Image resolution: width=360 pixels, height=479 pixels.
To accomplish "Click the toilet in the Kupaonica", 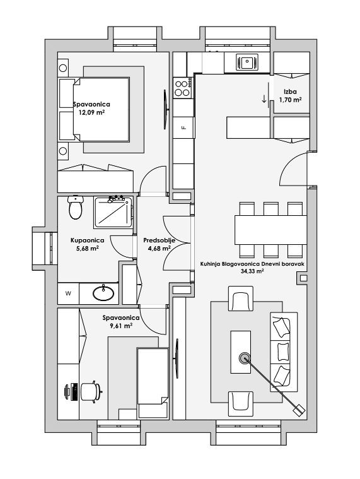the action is coord(76,207).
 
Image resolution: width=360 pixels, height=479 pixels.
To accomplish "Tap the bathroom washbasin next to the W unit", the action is coord(103,293).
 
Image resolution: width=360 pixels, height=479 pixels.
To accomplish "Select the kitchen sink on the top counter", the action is coord(247,62).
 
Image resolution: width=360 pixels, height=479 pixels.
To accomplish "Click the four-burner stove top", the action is coord(183,87).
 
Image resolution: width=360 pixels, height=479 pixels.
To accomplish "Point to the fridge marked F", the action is coord(183,127).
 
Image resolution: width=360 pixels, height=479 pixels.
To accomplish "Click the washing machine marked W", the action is coord(68,293).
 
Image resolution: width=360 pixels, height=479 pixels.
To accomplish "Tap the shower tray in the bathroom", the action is coord(113,213).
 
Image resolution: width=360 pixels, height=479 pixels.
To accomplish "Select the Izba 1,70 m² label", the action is coord(290,95).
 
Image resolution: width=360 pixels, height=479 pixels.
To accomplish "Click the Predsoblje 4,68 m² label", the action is coord(159,244).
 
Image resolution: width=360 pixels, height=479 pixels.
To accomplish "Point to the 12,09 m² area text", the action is coord(92,112).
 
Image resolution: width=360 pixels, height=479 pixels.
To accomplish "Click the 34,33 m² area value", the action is coord(252,271).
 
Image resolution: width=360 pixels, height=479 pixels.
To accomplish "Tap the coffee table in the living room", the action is coord(241,352).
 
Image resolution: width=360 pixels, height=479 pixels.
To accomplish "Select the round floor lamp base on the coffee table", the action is coord(244,358).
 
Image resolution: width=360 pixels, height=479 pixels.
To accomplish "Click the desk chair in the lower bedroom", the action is coord(91,391).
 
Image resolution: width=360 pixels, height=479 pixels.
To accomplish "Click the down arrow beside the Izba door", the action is coord(264,98).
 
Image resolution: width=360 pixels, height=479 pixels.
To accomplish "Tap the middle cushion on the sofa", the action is coord(283,352).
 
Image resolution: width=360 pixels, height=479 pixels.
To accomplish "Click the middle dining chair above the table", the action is coord(271,209).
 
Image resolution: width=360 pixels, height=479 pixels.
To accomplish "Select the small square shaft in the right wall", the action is coord(303,278).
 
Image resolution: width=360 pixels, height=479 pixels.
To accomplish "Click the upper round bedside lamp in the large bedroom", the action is coord(63,68).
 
